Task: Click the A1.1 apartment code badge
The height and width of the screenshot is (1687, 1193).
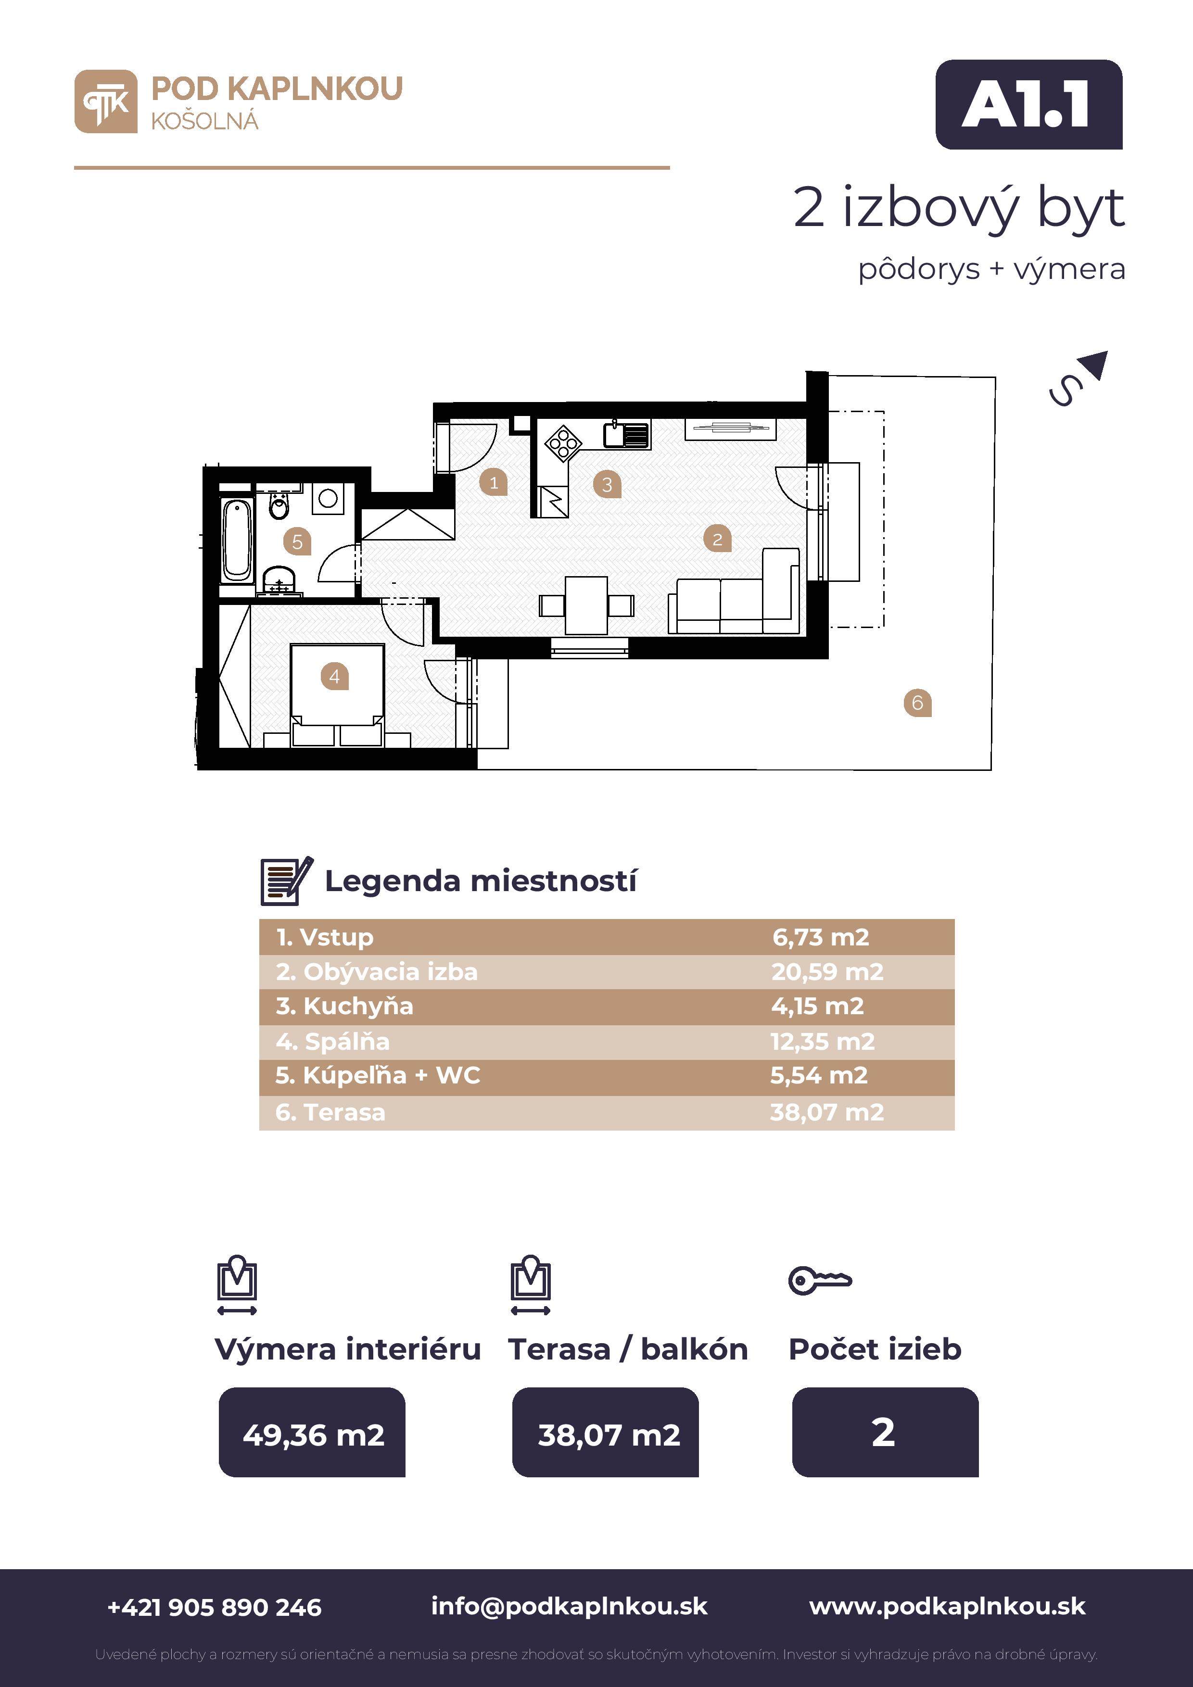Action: (x=1028, y=104)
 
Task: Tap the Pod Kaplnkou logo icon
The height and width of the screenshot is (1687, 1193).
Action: (x=106, y=101)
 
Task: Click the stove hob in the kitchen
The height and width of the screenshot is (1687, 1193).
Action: (x=563, y=443)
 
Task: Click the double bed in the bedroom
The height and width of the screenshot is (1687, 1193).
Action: (x=337, y=695)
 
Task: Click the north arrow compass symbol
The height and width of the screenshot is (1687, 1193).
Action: (x=1078, y=378)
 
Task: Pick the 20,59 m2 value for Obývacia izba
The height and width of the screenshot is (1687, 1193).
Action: (x=827, y=971)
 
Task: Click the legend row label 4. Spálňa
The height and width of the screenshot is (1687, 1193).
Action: (x=332, y=1041)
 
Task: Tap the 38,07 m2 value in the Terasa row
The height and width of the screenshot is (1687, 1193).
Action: (x=827, y=1112)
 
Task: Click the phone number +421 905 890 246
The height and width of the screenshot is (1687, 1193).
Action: (x=215, y=1607)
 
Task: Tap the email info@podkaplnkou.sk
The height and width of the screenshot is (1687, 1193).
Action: (x=569, y=1606)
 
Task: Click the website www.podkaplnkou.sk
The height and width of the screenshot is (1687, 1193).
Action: (x=948, y=1606)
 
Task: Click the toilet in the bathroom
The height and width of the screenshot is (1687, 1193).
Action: (x=279, y=505)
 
